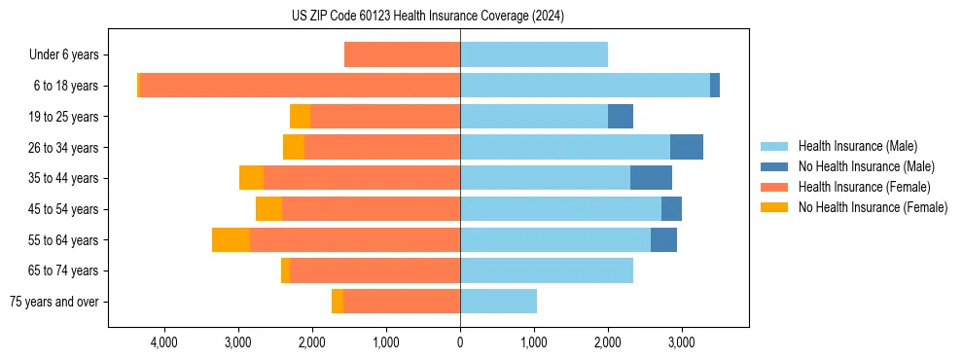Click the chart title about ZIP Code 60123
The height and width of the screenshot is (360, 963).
[428, 17]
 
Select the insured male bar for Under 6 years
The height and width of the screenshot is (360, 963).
[534, 54]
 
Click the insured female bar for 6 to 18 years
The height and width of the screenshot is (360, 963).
[300, 86]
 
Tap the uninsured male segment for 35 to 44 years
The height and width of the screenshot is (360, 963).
[651, 178]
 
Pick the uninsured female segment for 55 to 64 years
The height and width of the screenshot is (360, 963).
[231, 239]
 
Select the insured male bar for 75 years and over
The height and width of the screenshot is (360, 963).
[498, 302]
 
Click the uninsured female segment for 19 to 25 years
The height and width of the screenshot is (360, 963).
[300, 117]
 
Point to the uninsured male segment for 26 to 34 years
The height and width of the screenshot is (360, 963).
[687, 147]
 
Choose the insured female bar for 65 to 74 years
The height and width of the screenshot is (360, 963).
[374, 270]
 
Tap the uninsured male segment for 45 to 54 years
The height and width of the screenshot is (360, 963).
[671, 209]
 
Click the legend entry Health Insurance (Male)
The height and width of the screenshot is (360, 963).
[857, 146]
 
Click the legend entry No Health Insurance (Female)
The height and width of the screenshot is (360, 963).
[873, 207]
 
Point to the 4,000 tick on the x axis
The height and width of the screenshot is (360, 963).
[163, 342]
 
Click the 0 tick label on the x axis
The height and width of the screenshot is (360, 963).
[460, 342]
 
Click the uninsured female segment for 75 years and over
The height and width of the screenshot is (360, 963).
[338, 302]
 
